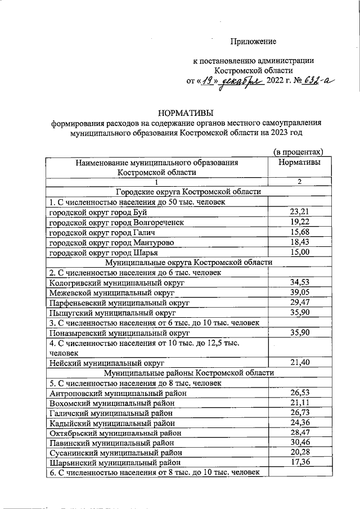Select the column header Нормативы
click(300, 163)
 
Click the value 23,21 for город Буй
click(300, 212)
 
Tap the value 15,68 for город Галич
click(300, 232)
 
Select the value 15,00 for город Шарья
click(300, 253)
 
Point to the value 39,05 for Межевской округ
click(300, 292)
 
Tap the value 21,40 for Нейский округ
click(300, 362)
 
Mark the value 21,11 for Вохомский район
click(300, 403)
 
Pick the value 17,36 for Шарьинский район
click(300, 463)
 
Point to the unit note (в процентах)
click(299, 152)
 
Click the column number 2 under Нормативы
click(300, 182)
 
